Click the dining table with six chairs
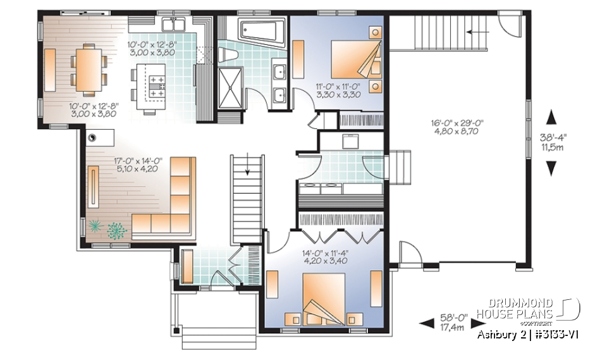pos(88,67)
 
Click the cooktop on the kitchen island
pos(156,84)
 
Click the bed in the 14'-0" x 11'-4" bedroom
pos(323,298)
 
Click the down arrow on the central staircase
pos(248,168)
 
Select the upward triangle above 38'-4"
pos(551,118)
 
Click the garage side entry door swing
pos(408,255)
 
